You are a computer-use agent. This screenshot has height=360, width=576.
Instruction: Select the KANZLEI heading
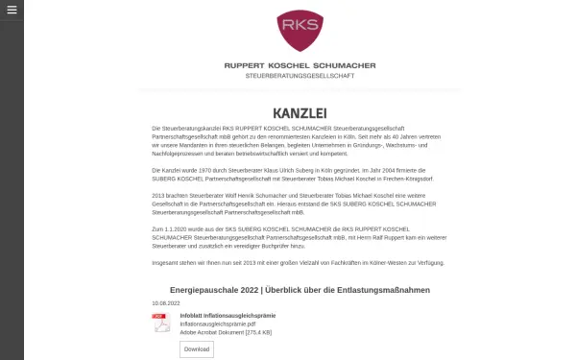click(x=299, y=112)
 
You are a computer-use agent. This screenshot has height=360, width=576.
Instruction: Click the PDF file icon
click(x=162, y=323)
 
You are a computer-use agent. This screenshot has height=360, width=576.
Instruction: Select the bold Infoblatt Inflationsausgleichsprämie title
click(x=228, y=315)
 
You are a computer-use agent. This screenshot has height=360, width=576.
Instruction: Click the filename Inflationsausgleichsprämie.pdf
click(x=219, y=324)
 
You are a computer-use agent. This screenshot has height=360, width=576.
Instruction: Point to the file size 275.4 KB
click(x=258, y=332)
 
